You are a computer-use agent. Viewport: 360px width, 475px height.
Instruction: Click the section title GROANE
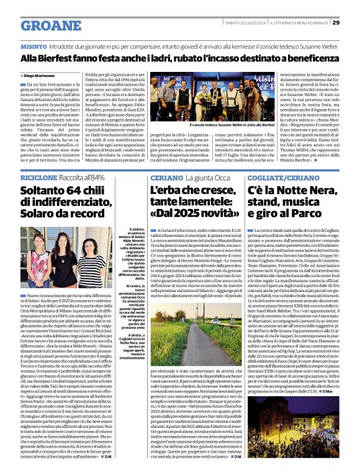(50, 25)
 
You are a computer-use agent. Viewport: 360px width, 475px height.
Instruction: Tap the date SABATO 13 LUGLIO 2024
(247, 23)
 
